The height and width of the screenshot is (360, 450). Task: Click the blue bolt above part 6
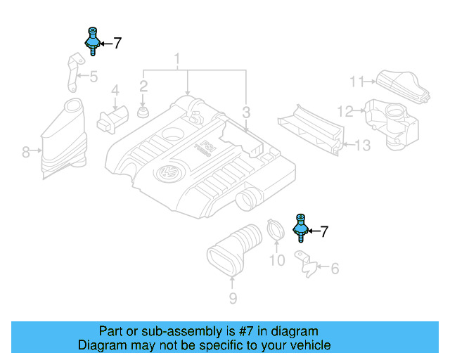click(x=300, y=228)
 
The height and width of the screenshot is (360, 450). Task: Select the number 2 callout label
click(x=143, y=86)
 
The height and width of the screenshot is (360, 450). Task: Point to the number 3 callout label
click(x=246, y=111)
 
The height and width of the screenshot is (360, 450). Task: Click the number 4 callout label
click(x=115, y=91)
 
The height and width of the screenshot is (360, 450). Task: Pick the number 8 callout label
click(x=25, y=150)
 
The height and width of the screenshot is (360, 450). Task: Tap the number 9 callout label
click(x=233, y=300)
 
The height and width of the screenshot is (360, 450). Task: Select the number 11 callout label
click(x=357, y=82)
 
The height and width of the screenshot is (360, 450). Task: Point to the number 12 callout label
click(x=345, y=110)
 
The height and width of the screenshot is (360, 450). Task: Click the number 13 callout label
click(x=361, y=146)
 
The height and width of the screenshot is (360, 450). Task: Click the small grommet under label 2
click(x=143, y=112)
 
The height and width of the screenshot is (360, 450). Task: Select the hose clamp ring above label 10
click(x=275, y=231)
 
